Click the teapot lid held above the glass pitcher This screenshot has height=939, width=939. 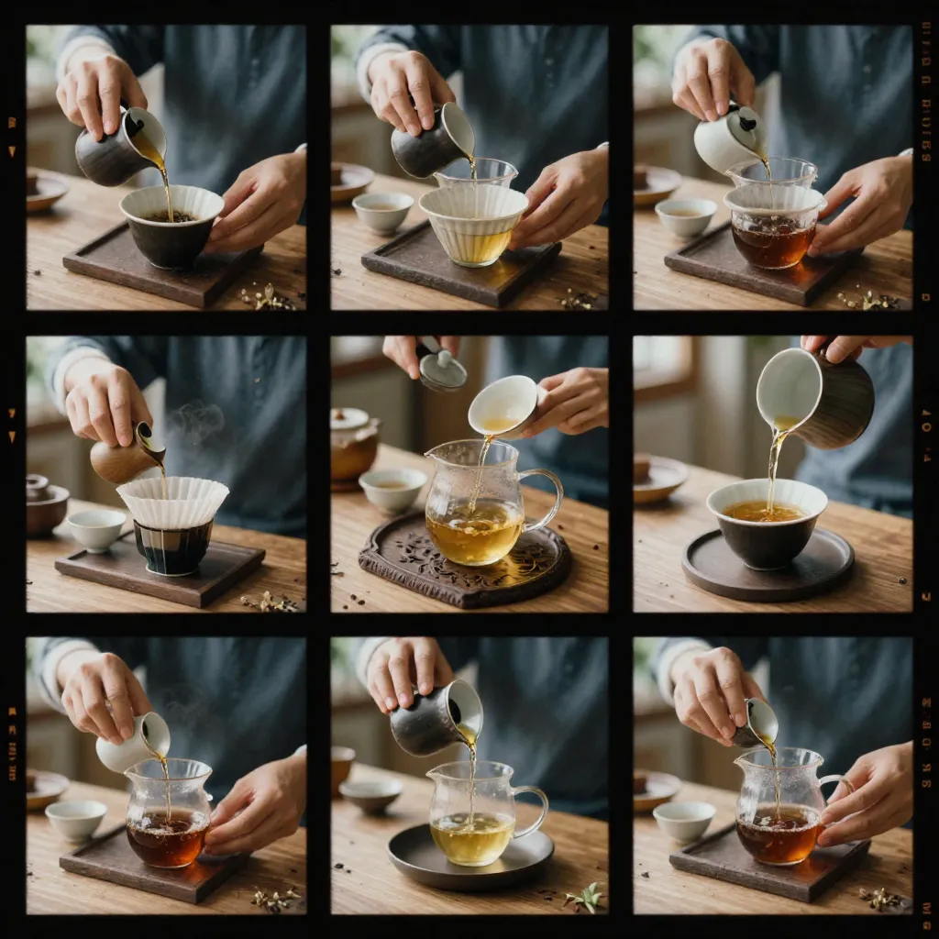click(x=443, y=369)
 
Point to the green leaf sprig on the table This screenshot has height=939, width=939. click(x=586, y=897)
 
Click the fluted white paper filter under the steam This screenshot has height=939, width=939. click(x=174, y=501)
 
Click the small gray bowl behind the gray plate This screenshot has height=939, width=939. click(x=370, y=794)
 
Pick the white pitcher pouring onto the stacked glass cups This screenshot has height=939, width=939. click(x=728, y=139)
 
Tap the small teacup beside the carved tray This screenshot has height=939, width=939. click(x=392, y=490)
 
